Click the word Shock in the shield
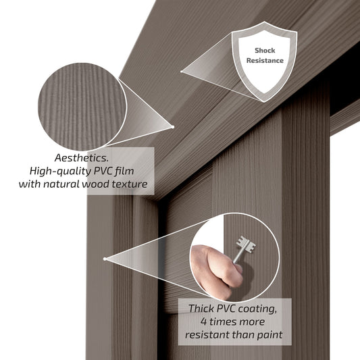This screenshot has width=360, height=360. tap(265, 51)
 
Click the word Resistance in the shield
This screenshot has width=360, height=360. tap(265, 61)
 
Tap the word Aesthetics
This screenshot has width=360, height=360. tap(82, 158)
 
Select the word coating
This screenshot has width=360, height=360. tap(257, 309)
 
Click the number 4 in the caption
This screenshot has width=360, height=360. tap(204, 322)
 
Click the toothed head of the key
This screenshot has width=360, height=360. tap(246, 245)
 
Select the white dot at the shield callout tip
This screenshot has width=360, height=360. tap(182, 72)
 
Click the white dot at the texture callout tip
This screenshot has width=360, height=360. tap(173, 127)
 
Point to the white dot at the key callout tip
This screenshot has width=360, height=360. tap(105, 259)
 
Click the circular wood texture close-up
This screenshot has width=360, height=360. tap(82, 107)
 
